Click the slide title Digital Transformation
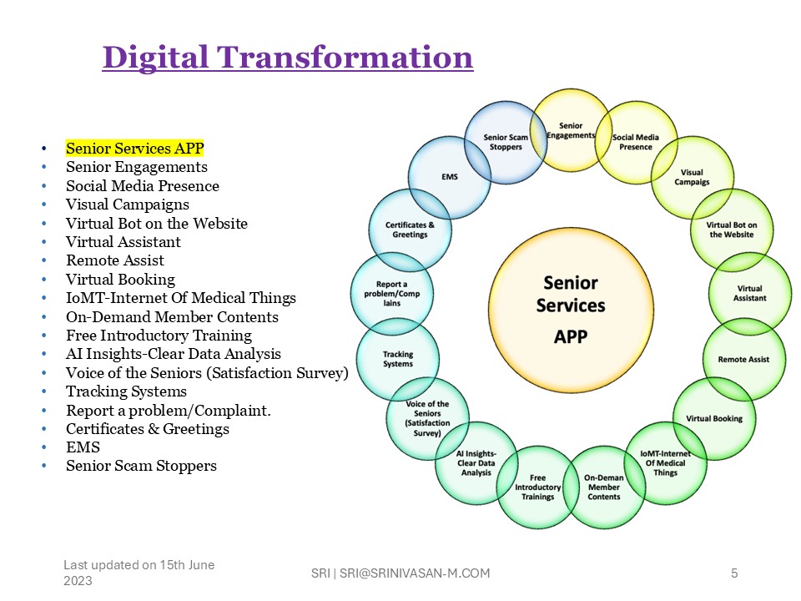click(288, 57)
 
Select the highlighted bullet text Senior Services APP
click(135, 149)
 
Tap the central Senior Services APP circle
click(571, 311)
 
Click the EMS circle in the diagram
click(450, 177)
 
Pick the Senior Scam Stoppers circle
click(506, 142)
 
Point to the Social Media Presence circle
click(636, 142)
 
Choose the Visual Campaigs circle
click(693, 177)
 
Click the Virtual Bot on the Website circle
click(732, 230)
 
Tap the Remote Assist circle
click(743, 359)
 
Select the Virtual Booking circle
click(714, 418)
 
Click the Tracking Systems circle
click(398, 359)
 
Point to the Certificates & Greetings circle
click(410, 230)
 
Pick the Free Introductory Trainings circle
click(537, 487)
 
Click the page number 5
click(734, 573)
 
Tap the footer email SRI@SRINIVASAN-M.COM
click(415, 573)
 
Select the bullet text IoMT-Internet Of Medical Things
click(181, 298)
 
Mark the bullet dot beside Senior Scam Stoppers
click(44, 466)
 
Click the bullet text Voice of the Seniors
click(135, 372)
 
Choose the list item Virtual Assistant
click(123, 242)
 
